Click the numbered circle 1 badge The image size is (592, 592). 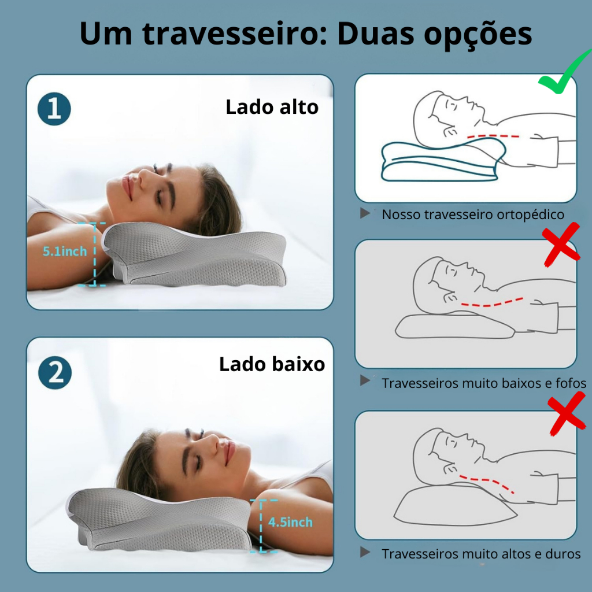pos(54,109)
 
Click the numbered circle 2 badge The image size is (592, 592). pos(55,373)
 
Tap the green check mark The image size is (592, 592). pos(564,72)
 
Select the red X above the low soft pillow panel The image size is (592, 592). pos(561,245)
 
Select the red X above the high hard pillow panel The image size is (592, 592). pos(567,413)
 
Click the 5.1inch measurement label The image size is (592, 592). pos(65,251)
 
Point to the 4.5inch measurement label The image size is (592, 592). pos(290,522)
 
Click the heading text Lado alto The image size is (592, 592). pos(272,107)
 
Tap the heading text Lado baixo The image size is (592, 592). pos(272,364)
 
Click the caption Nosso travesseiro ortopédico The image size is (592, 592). pos(473,214)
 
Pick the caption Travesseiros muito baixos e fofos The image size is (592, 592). pos(484,383)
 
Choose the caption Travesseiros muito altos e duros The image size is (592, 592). pos(481,554)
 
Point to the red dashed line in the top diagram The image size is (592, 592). pos(493,136)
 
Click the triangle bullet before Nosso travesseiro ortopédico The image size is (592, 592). pos(365,213)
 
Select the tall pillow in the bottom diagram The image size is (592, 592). pos(455,505)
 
